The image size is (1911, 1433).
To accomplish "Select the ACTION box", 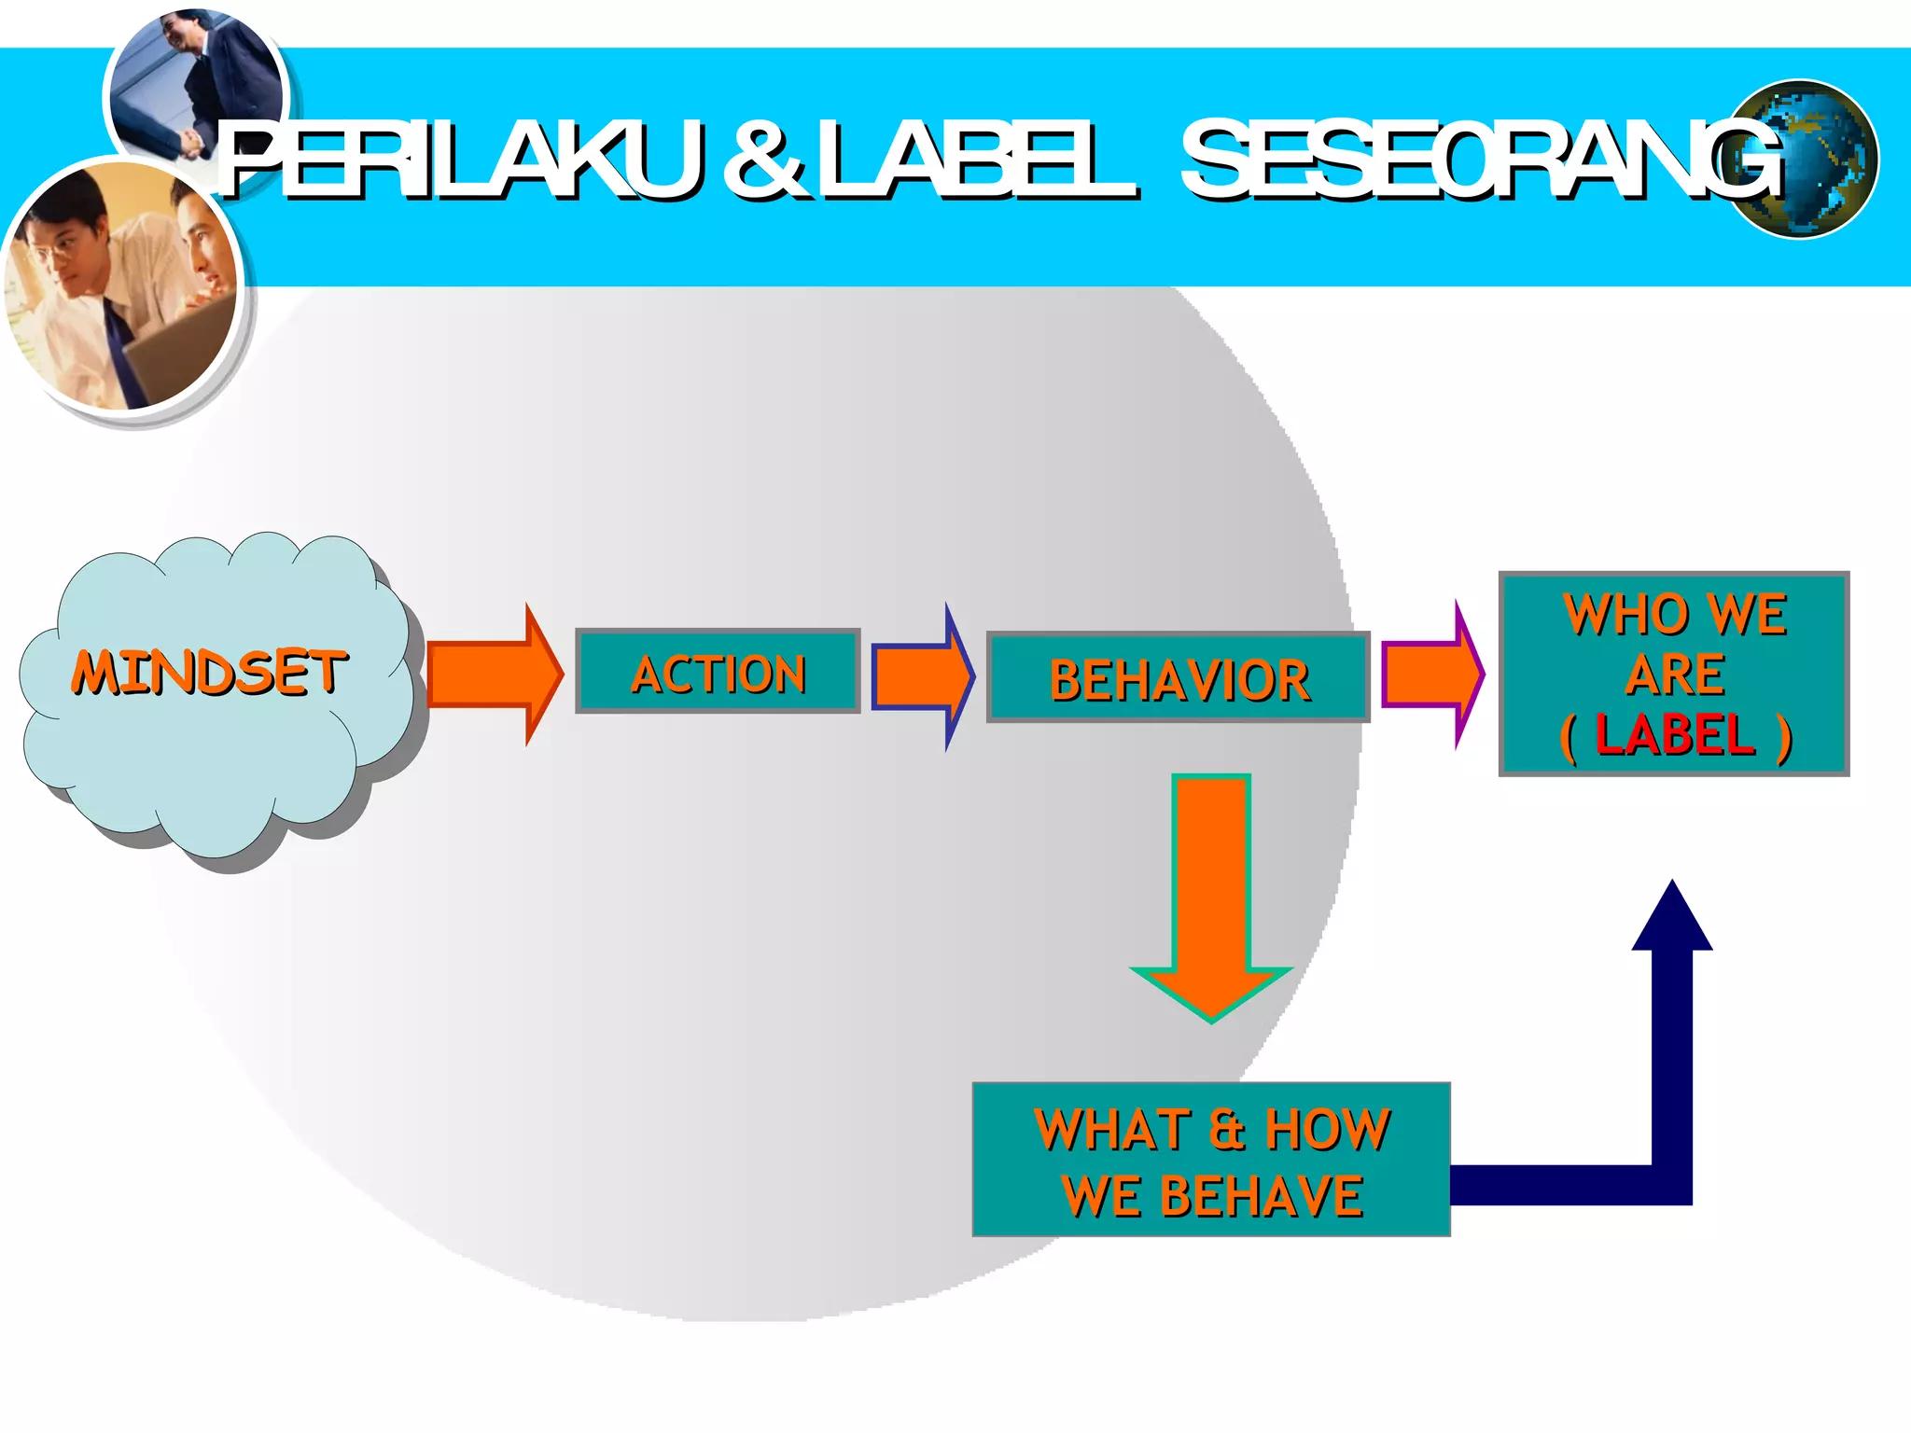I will (718, 672).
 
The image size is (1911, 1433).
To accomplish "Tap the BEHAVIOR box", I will (1179, 678).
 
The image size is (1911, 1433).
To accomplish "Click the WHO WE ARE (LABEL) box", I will (1674, 674).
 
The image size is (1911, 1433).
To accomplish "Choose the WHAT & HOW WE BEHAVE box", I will (1211, 1160).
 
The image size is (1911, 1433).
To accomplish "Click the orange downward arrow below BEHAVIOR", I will (1211, 896).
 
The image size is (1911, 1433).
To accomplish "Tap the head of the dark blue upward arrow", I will (1672, 919).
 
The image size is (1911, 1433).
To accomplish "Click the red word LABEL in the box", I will (1676, 734).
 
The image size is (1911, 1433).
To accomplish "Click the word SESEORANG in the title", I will (1484, 160).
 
